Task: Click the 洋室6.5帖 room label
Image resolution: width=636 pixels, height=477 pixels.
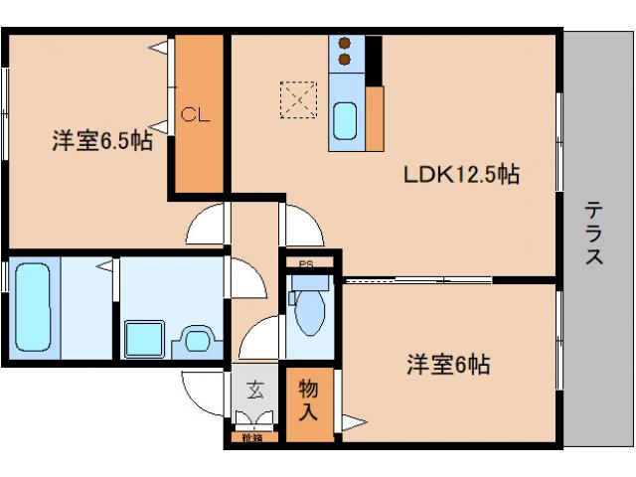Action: [x=102, y=141]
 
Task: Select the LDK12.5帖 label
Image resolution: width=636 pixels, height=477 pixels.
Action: [x=461, y=175]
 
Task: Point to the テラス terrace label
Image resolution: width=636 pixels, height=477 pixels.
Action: [x=593, y=234]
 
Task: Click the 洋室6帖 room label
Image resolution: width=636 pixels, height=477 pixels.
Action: [x=446, y=364]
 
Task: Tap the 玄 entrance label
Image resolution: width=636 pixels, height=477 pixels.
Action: [x=255, y=390]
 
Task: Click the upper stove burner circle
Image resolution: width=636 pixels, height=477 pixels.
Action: [x=346, y=44]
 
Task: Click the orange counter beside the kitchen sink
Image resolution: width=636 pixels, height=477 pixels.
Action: [x=375, y=118]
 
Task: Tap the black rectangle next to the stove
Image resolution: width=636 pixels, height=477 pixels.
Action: [x=374, y=60]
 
